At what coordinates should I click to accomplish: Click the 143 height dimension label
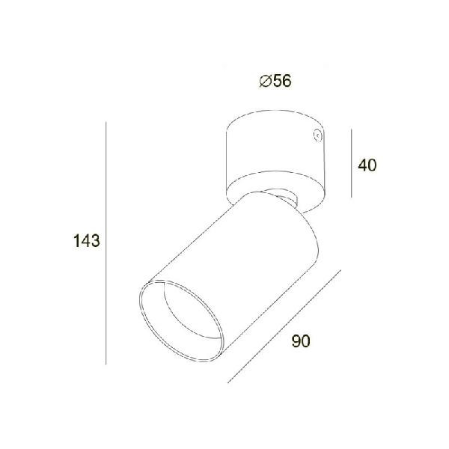88,241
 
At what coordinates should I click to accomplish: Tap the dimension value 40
367,165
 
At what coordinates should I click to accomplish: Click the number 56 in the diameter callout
281,81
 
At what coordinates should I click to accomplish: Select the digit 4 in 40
363,165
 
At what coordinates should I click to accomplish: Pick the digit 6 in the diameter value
286,81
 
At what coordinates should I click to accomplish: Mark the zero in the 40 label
372,165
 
